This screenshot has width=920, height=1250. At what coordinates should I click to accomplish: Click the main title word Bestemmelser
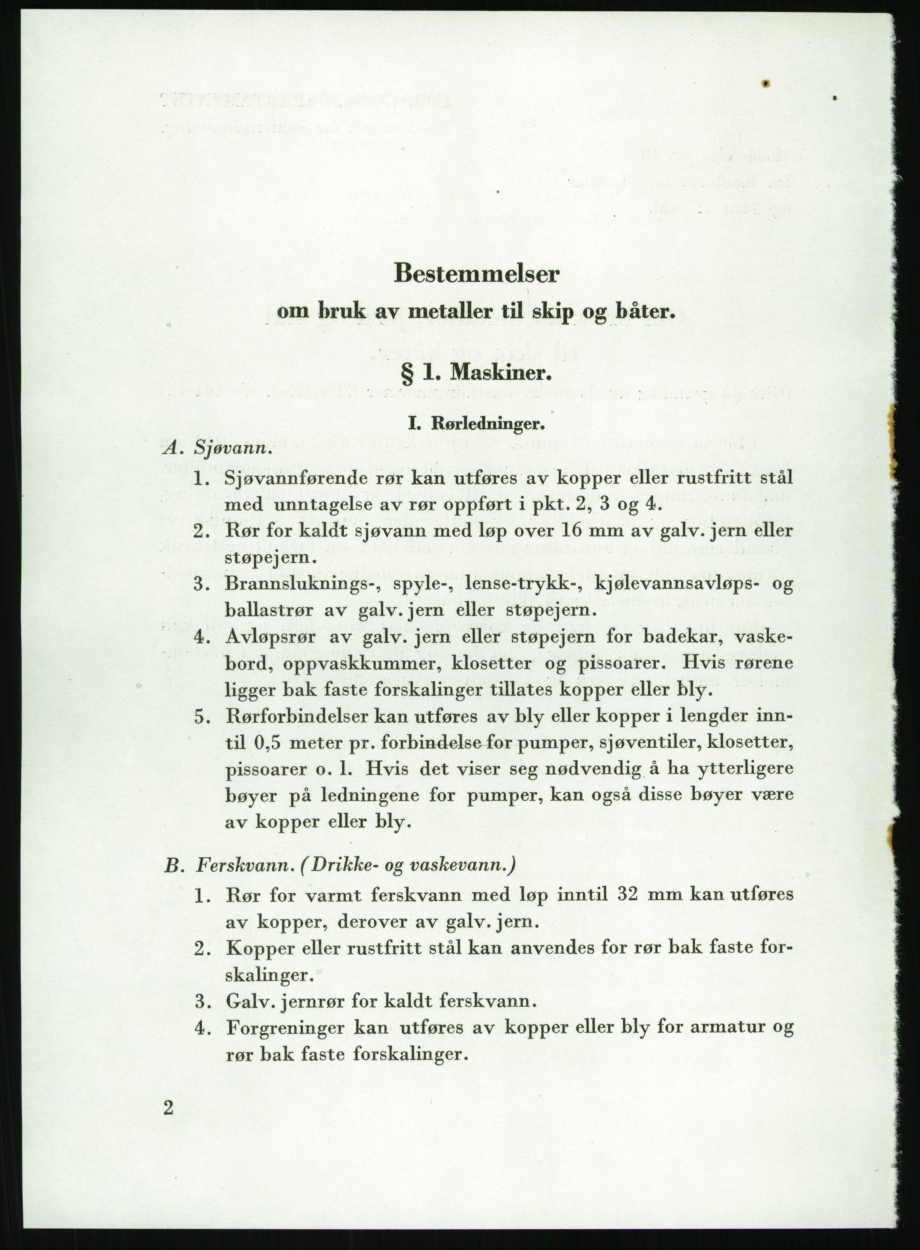click(476, 273)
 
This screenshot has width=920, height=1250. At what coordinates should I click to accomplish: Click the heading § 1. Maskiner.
click(476, 371)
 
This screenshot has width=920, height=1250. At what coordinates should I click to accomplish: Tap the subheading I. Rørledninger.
click(476, 422)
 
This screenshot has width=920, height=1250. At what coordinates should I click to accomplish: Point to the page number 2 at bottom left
click(168, 1107)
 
